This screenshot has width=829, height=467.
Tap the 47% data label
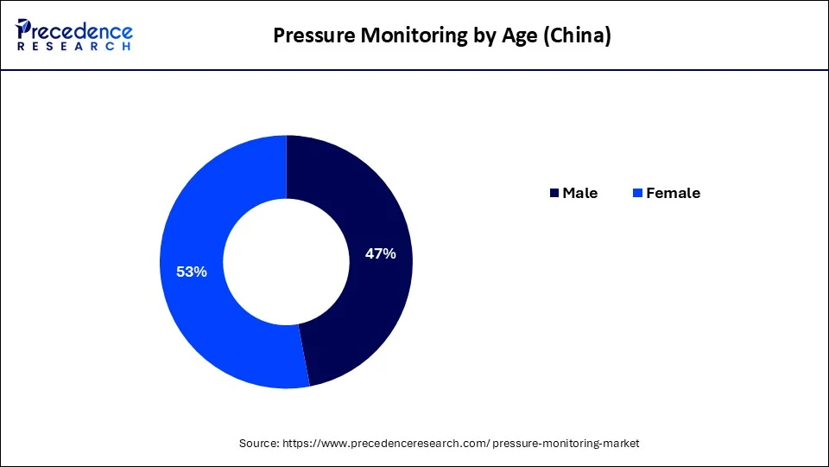pyautogui.click(x=380, y=253)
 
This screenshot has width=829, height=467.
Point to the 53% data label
pyautogui.click(x=191, y=272)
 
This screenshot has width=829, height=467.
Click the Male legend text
pyautogui.click(x=579, y=193)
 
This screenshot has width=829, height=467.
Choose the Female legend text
pyautogui.click(x=673, y=193)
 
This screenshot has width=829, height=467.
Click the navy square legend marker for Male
pyautogui.click(x=554, y=193)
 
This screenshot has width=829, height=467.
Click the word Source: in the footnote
pyautogui.click(x=259, y=443)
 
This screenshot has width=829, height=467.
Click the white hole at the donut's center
pyautogui.click(x=286, y=261)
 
